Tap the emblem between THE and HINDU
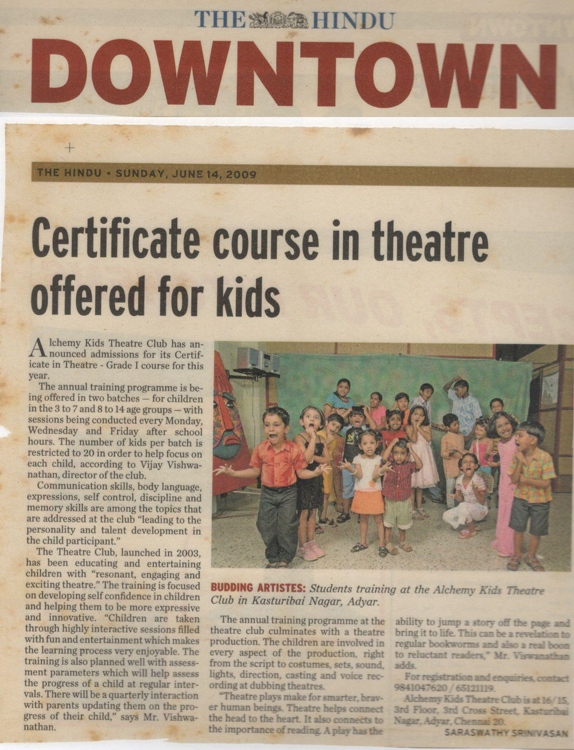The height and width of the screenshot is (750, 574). [x=278, y=21]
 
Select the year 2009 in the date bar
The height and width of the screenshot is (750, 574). [x=242, y=173]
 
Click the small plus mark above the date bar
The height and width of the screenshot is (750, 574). [x=69, y=148]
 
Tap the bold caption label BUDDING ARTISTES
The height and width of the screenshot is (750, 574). [x=258, y=588]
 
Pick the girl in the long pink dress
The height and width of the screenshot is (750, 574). [x=504, y=482]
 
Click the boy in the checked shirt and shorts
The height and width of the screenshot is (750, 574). [x=531, y=488]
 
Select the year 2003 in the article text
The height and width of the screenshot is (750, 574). [x=184, y=553]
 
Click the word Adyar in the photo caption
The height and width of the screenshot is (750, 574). [x=363, y=602]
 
